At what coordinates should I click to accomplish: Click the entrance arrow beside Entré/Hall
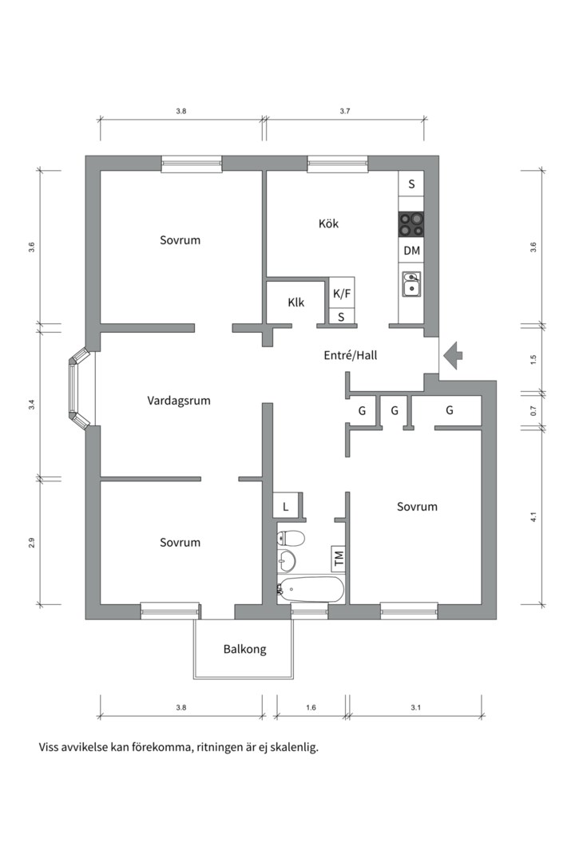pyautogui.click(x=454, y=355)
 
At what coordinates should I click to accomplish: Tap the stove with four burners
pyautogui.click(x=411, y=224)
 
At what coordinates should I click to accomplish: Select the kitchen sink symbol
pyautogui.click(x=411, y=284)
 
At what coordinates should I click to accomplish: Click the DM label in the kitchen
pyautogui.click(x=411, y=251)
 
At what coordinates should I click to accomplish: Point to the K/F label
pyautogui.click(x=342, y=294)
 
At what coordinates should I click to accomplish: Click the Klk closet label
pyautogui.click(x=296, y=302)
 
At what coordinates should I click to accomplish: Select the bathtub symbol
pyautogui.click(x=311, y=590)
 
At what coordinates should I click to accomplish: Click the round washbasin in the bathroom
pyautogui.click(x=286, y=561)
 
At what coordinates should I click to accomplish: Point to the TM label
pyautogui.click(x=339, y=558)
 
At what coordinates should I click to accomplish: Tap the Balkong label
pyautogui.click(x=245, y=649)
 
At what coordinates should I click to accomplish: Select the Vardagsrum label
pyautogui.click(x=179, y=401)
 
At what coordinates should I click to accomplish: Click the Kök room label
pyautogui.click(x=328, y=223)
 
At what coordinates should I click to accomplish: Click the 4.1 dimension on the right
pyautogui.click(x=533, y=516)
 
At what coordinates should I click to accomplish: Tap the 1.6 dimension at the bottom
pyautogui.click(x=311, y=707)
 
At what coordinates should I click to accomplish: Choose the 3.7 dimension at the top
pyautogui.click(x=345, y=111)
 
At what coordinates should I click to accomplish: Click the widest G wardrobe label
pyautogui.click(x=450, y=410)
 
